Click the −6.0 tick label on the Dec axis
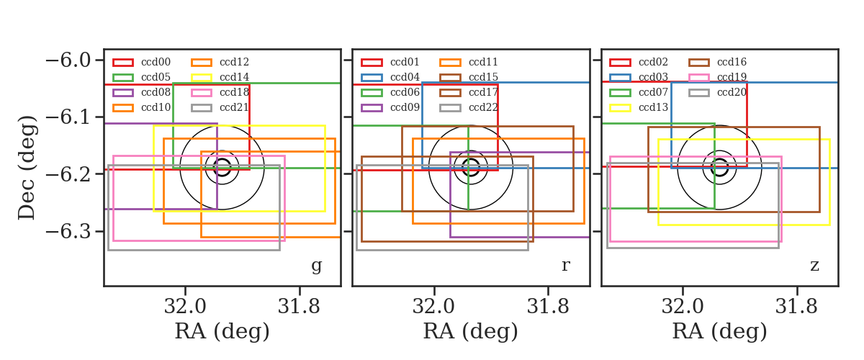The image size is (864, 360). [68, 60]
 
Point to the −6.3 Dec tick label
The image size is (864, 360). [68, 232]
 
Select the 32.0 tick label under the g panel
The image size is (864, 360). [185, 307]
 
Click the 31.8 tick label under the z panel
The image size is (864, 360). [796, 307]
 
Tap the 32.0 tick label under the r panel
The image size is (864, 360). [434, 307]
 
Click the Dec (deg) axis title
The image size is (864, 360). [27, 168]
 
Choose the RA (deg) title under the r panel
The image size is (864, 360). [471, 332]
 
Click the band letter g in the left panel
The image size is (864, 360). [316, 266]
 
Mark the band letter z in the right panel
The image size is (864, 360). [814, 266]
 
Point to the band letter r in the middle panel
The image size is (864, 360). [565, 266]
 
